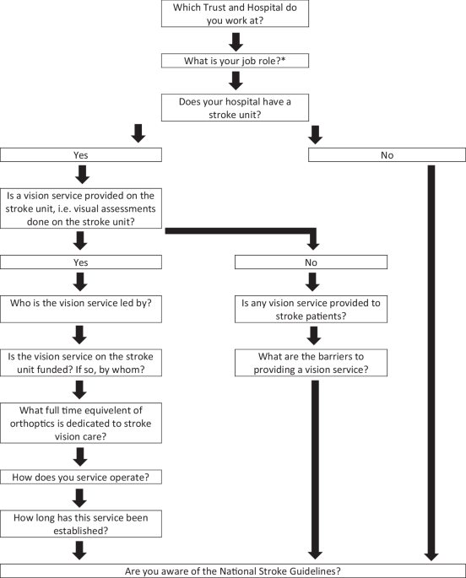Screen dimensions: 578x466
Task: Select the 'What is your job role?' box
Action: click(x=236, y=60)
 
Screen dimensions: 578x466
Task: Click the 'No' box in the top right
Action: click(x=387, y=156)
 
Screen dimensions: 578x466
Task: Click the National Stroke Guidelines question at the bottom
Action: click(x=233, y=570)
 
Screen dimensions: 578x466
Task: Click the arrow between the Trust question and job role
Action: click(x=236, y=40)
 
